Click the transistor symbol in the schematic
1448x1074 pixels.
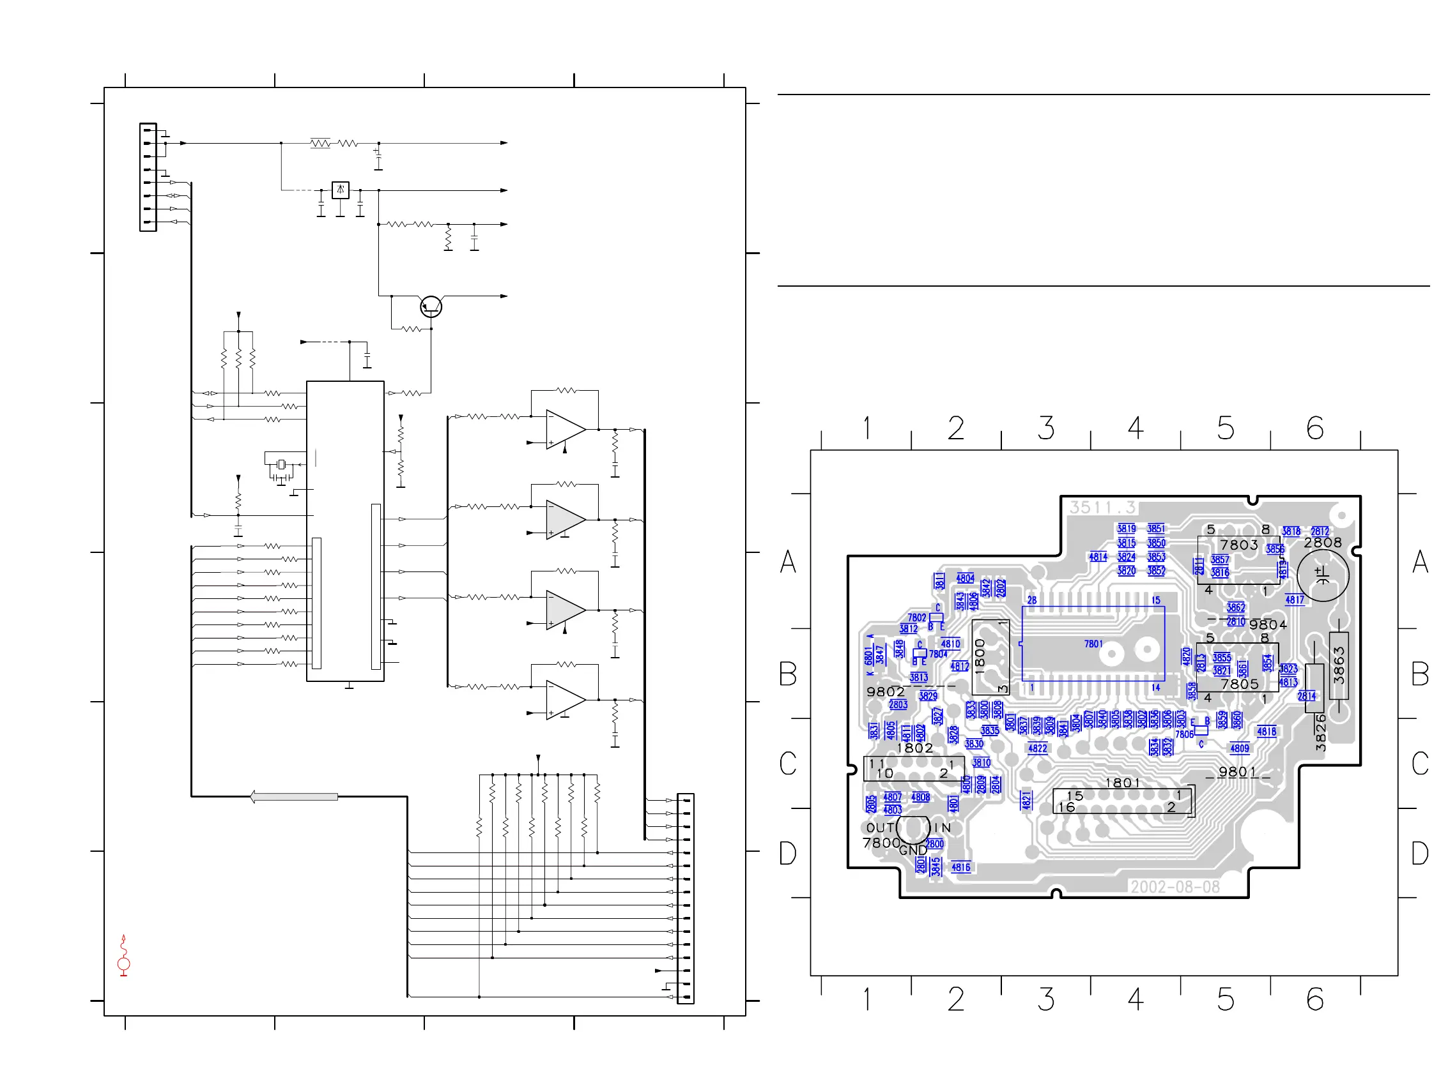click(x=431, y=306)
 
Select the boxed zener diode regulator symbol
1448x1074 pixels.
click(x=340, y=190)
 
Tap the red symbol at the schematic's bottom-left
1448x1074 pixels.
click(x=123, y=956)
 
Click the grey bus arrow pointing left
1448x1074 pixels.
click(x=294, y=797)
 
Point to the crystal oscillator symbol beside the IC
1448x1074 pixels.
click(x=281, y=464)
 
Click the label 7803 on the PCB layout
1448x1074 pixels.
click(x=1238, y=545)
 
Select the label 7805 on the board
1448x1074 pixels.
click(x=1240, y=684)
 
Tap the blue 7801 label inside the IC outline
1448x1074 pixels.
click(x=1093, y=644)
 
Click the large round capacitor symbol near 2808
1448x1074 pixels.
click(x=1323, y=575)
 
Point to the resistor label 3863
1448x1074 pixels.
click(x=1338, y=665)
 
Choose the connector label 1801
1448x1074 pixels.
click(x=1123, y=783)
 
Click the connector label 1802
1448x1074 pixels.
click(x=914, y=748)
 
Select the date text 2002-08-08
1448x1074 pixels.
click(x=1175, y=887)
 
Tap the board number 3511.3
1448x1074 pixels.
click(x=1102, y=507)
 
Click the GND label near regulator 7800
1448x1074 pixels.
click(x=913, y=851)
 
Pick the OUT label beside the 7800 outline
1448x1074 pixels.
click(x=880, y=828)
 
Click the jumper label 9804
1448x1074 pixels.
click(x=1268, y=624)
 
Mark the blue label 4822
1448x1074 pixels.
click(x=1038, y=748)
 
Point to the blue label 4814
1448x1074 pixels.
click(x=1098, y=557)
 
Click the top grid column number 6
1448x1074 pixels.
click(x=1314, y=428)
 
